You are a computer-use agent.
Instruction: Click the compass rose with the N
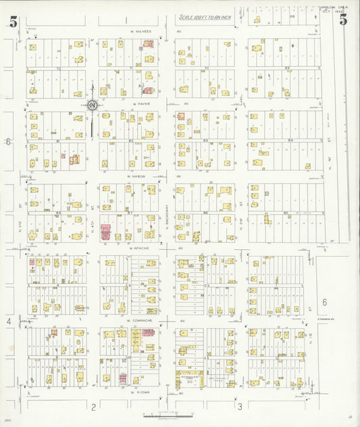92,105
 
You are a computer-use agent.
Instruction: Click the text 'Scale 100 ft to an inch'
205,18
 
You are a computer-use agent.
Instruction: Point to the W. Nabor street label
138,176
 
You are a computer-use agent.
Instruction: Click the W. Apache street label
138,248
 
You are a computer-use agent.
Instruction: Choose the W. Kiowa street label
134,392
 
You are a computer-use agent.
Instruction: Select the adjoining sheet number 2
93,406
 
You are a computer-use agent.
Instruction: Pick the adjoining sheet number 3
239,406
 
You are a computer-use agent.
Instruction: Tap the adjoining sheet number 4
9,322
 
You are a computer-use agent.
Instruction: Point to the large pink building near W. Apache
105,232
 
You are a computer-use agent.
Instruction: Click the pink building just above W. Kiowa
123,378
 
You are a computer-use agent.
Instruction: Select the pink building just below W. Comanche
136,333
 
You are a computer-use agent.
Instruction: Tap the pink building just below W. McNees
148,43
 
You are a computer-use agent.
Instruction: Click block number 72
58,68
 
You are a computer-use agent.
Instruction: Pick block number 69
287,68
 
